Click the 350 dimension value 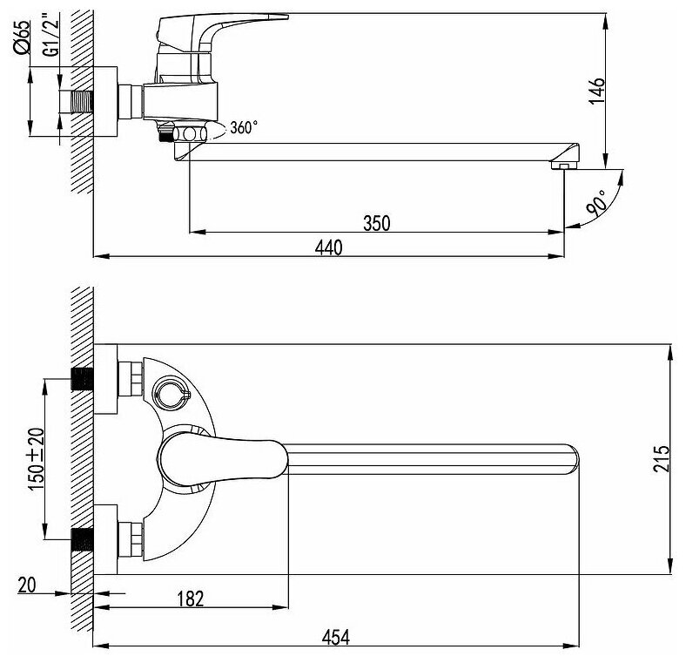[x=376, y=223]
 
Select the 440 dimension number [x=328, y=247]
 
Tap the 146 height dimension [x=596, y=91]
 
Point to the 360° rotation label [x=244, y=127]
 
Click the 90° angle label [x=598, y=203]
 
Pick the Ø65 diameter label [x=22, y=37]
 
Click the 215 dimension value [x=661, y=458]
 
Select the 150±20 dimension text [x=37, y=458]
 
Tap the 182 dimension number [x=191, y=599]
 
